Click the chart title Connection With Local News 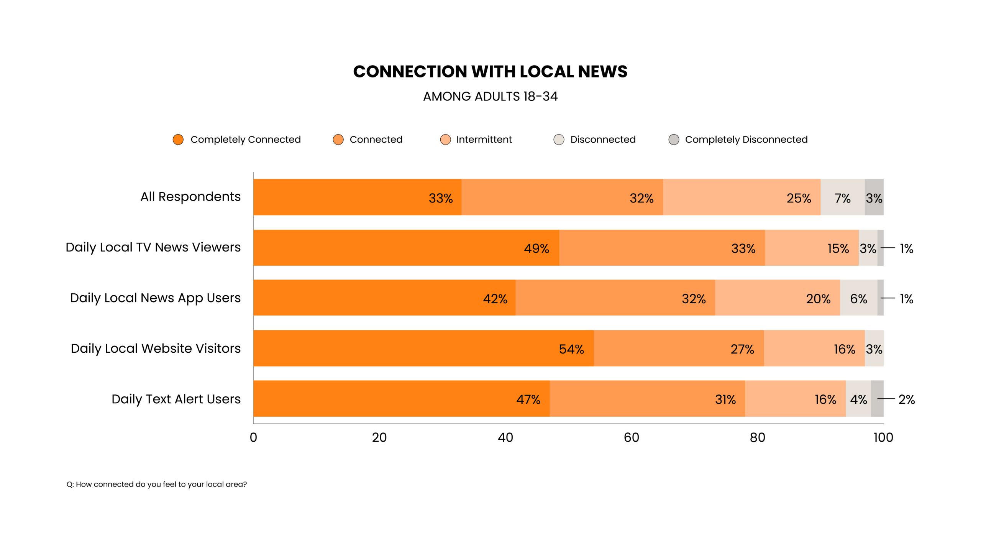(490, 72)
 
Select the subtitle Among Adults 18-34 (490, 96)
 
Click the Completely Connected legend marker (178, 140)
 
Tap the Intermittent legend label (484, 140)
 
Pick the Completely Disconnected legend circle (674, 140)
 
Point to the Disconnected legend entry (602, 140)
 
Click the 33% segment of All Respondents (357, 197)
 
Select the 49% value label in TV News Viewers (536, 248)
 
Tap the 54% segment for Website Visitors (423, 348)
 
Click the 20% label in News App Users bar (818, 299)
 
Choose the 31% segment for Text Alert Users (647, 399)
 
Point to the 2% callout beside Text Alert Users (906, 399)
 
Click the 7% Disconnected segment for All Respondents (842, 197)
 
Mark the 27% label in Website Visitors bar (742, 349)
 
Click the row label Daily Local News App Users (155, 298)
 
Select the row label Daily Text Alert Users (176, 399)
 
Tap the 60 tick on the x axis (631, 437)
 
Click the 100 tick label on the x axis (883, 437)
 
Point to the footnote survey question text (157, 484)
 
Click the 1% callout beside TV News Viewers (906, 248)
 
